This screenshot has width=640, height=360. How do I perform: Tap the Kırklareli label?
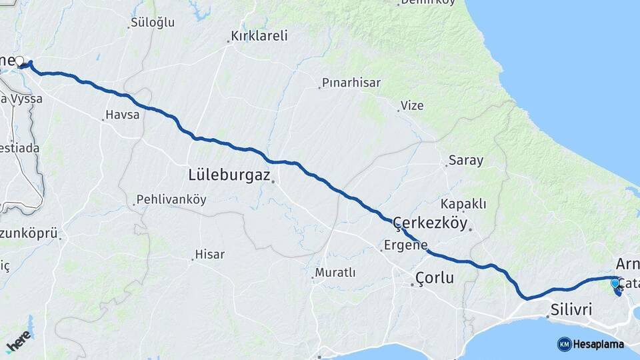coord(259,35)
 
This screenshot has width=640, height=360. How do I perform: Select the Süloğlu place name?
coord(153,22)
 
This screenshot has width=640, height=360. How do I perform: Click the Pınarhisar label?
coord(351,83)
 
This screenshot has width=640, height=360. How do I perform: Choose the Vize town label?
coord(412,105)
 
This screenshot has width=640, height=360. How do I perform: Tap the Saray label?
coord(466,160)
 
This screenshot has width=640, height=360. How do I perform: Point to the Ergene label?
coord(406,245)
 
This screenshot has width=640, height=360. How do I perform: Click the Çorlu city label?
coord(434,277)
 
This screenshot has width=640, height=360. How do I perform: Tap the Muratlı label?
coord(335,273)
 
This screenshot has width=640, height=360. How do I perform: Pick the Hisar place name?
coord(209,255)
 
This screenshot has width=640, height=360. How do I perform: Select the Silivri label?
coord(571,309)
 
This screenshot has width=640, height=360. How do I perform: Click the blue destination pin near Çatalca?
coord(615,284)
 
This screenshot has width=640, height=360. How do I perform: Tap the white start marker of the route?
coord(19,61)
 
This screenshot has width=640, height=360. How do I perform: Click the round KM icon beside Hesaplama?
coord(564,344)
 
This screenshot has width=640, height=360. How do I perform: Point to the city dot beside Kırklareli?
coord(228,42)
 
